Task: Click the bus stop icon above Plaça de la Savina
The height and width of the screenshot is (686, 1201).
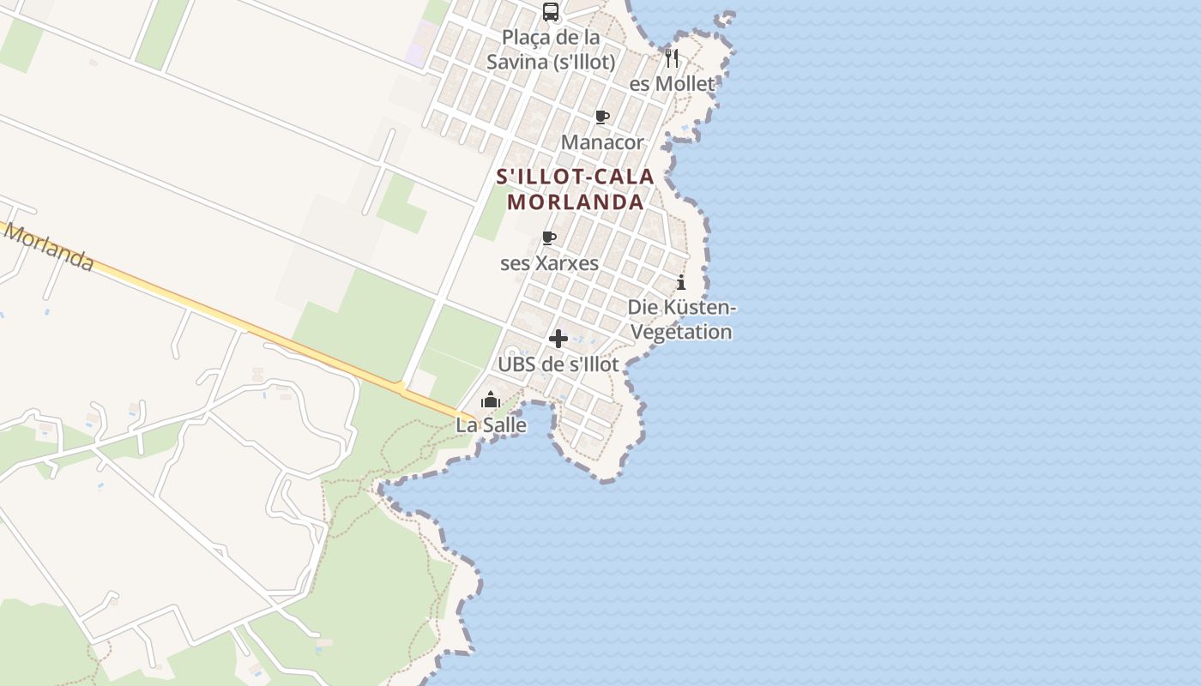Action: click(551, 12)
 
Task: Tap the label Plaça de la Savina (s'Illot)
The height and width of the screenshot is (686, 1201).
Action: click(551, 50)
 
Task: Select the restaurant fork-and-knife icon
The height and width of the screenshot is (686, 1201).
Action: click(672, 58)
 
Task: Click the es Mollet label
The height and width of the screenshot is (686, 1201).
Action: click(672, 84)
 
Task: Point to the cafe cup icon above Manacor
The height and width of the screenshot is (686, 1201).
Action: click(602, 117)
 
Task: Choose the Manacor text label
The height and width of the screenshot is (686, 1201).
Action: click(602, 142)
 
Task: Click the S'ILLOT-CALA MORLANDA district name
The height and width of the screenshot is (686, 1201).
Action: click(575, 190)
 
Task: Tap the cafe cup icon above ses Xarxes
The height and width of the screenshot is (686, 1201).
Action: click(549, 238)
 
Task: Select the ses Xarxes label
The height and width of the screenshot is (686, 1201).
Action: click(549, 263)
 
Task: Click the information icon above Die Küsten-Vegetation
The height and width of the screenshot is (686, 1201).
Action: click(681, 282)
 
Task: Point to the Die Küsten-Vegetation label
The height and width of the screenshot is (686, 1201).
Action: click(682, 320)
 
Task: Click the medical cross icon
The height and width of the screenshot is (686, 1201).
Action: click(558, 339)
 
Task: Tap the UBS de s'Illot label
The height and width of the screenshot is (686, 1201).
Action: click(558, 364)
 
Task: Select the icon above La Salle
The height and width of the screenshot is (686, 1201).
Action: click(491, 400)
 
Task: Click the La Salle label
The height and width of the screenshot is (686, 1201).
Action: click(491, 425)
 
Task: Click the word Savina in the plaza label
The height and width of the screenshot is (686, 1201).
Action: click(515, 63)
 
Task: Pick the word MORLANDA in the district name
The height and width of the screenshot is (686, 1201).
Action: click(575, 202)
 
